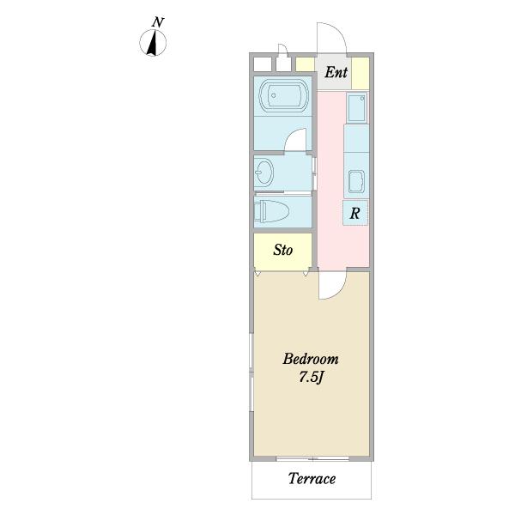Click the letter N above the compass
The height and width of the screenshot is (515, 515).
click(158, 22)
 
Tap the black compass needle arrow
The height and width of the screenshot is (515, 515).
click(153, 43)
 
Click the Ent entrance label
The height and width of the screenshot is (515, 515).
click(336, 72)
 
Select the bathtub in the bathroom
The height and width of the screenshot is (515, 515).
click(284, 95)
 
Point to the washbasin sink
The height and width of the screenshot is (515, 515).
click(264, 172)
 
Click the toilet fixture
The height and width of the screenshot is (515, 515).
click(271, 211)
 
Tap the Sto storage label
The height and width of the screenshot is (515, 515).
click(282, 250)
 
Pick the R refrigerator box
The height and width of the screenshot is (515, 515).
click(355, 213)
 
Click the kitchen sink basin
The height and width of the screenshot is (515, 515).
click(356, 181)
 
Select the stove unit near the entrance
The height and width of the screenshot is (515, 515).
click(357, 107)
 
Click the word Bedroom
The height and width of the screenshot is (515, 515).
click(311, 359)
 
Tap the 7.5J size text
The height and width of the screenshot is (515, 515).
click(311, 377)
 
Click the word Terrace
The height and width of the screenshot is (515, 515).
click(312, 479)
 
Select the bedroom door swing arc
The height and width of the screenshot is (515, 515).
click(338, 290)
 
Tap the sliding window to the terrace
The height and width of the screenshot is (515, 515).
click(312, 458)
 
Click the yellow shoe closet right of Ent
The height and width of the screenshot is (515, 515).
click(360, 73)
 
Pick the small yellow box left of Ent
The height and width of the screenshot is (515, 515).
click(305, 64)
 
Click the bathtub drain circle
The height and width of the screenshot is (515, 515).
click(273, 95)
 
